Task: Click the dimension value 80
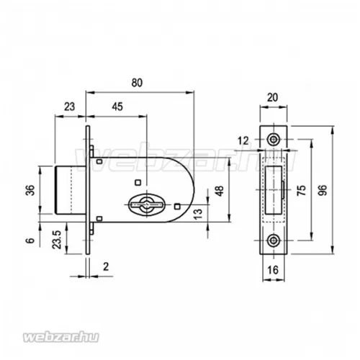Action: pos(137,83)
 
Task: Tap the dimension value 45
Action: pos(117,107)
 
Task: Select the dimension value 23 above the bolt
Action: pos(69,107)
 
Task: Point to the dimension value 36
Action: pos(30,190)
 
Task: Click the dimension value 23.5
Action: pos(57,239)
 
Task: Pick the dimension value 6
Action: pos(30,240)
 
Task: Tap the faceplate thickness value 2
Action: pos(106,266)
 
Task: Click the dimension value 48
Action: pos(220,191)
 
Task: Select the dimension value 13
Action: pos(198,215)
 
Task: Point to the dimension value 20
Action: pos(272,97)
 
